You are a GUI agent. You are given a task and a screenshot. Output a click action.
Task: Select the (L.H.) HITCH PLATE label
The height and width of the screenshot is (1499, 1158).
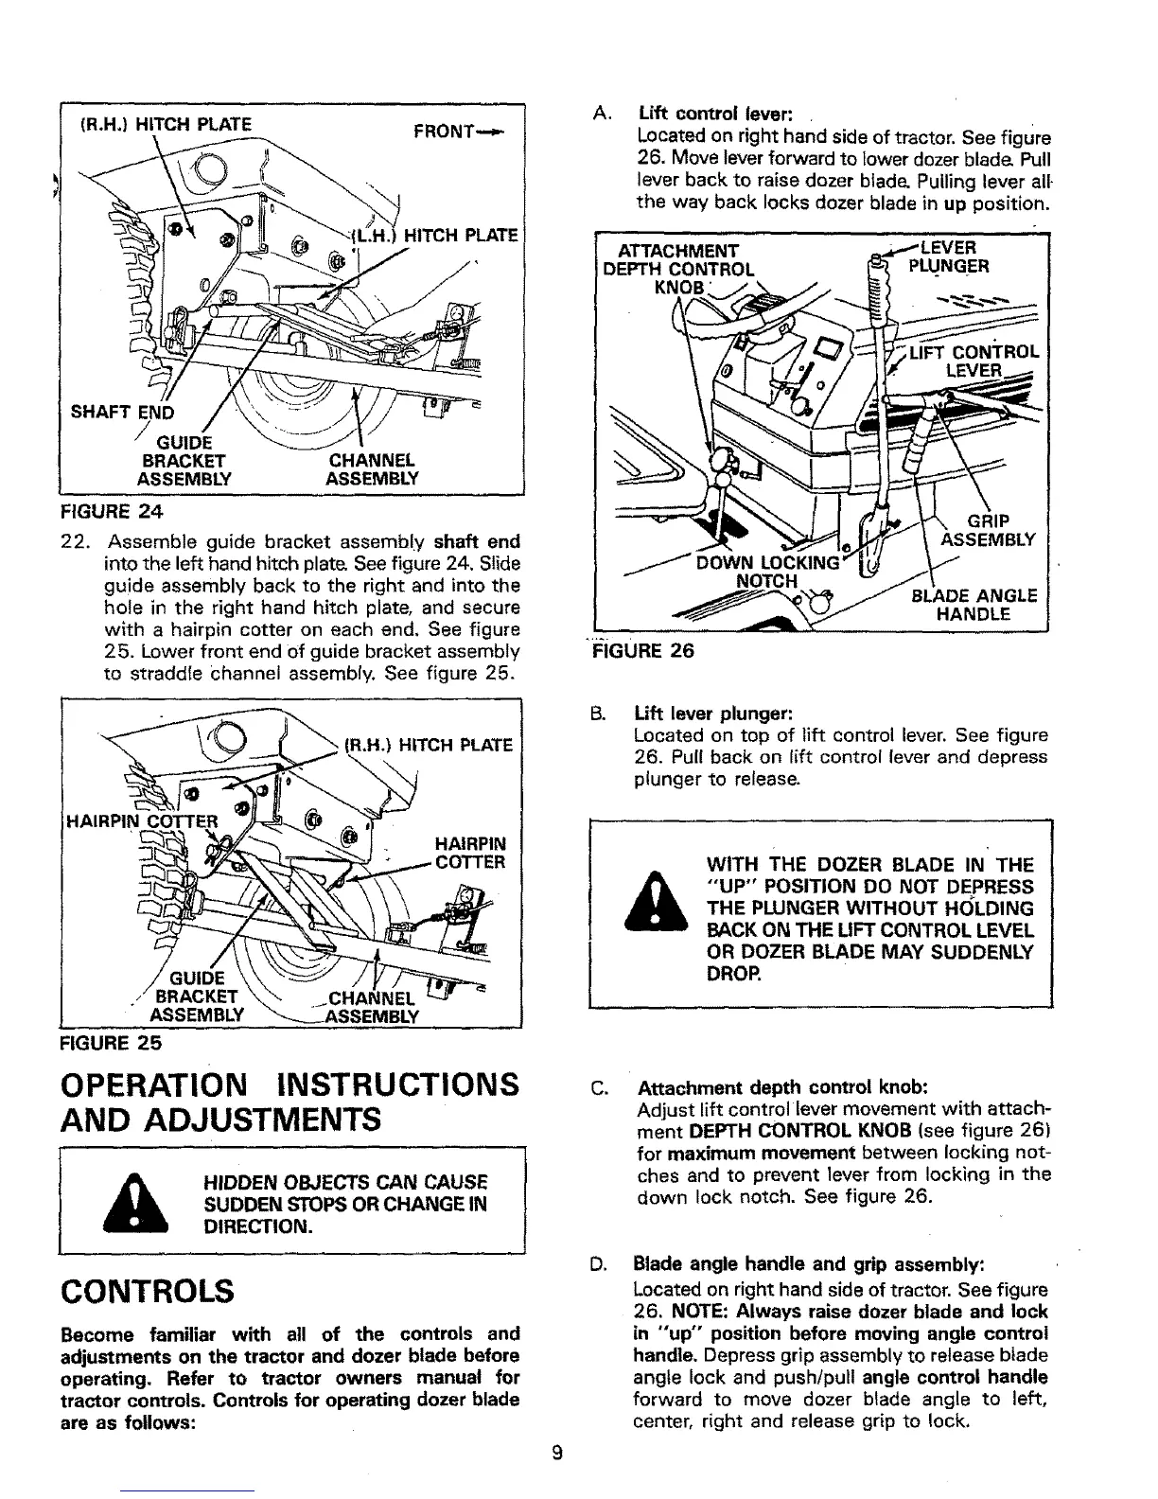tap(434, 238)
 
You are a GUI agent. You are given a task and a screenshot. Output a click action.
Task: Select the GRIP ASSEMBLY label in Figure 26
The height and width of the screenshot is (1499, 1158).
tap(989, 530)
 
